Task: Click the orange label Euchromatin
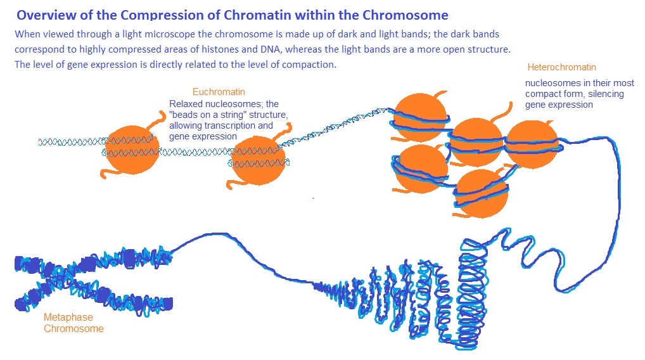219,92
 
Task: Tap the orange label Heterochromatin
561,67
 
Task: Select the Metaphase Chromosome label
73,323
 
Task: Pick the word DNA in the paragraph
271,49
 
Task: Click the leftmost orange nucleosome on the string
132,150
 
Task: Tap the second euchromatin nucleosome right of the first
259,160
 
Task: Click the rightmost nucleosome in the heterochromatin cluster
532,144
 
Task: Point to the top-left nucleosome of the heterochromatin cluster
419,117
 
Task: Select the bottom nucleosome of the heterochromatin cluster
482,193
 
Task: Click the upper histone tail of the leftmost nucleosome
157,122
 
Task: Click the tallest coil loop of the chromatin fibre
473,293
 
